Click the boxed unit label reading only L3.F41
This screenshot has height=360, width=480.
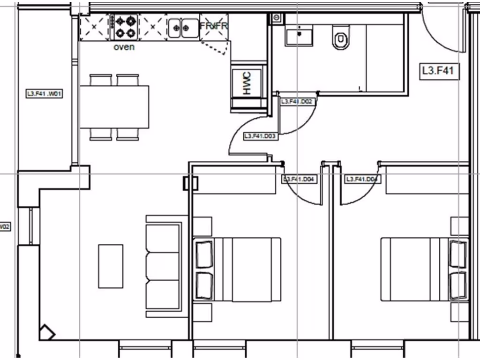pos(439,71)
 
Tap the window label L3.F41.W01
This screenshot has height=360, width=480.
pos(45,94)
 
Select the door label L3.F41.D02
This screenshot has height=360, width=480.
pos(297,101)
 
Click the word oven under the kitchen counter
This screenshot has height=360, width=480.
pos(124,47)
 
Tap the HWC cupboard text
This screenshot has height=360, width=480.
pos(247,84)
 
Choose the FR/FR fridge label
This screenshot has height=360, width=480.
pos(214,26)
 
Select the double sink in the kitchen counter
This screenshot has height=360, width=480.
pos(183,28)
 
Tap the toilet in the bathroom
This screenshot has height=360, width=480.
pos(340,37)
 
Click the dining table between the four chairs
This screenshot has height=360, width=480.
pos(114,107)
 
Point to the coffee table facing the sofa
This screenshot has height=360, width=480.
pos(111,266)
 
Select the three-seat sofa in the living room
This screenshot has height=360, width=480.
pos(164,266)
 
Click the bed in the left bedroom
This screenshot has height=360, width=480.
pos(238,270)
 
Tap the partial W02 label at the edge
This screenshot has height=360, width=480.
pos(5,227)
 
